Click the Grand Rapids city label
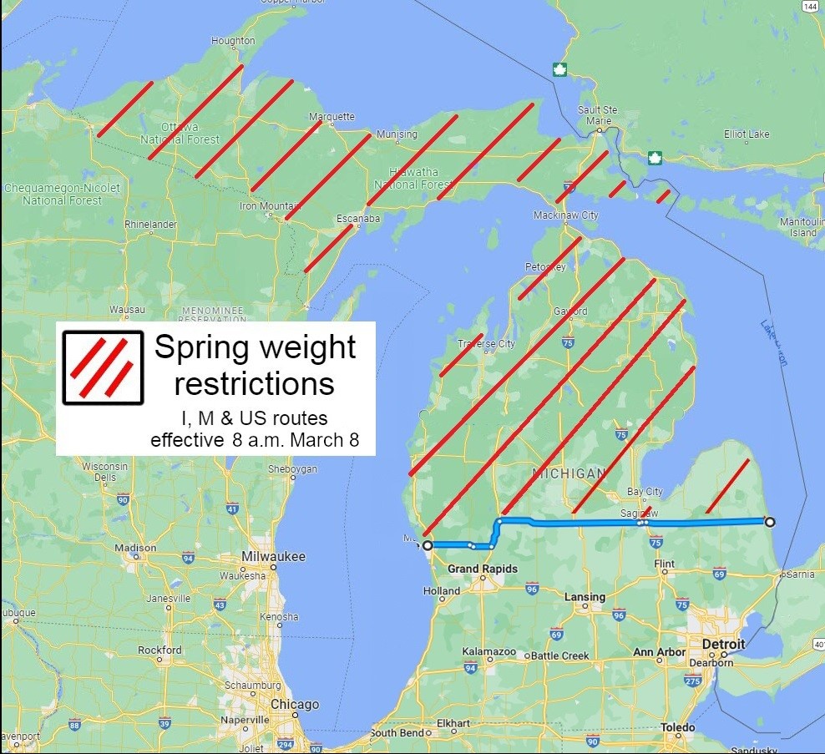pos(482,569)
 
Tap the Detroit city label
pos(722,645)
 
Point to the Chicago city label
pos(294,704)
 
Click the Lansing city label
pos(585,597)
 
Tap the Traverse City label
pos(486,344)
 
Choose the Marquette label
pos(332,117)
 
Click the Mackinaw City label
pos(565,215)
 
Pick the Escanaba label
pos(358,219)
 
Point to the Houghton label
pos(234,41)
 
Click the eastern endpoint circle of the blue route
pos(770,522)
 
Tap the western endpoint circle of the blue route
pos(428,545)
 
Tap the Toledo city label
pos(677,727)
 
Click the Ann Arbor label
pos(660,652)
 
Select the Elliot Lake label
pos(747,134)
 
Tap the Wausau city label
pos(127,310)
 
